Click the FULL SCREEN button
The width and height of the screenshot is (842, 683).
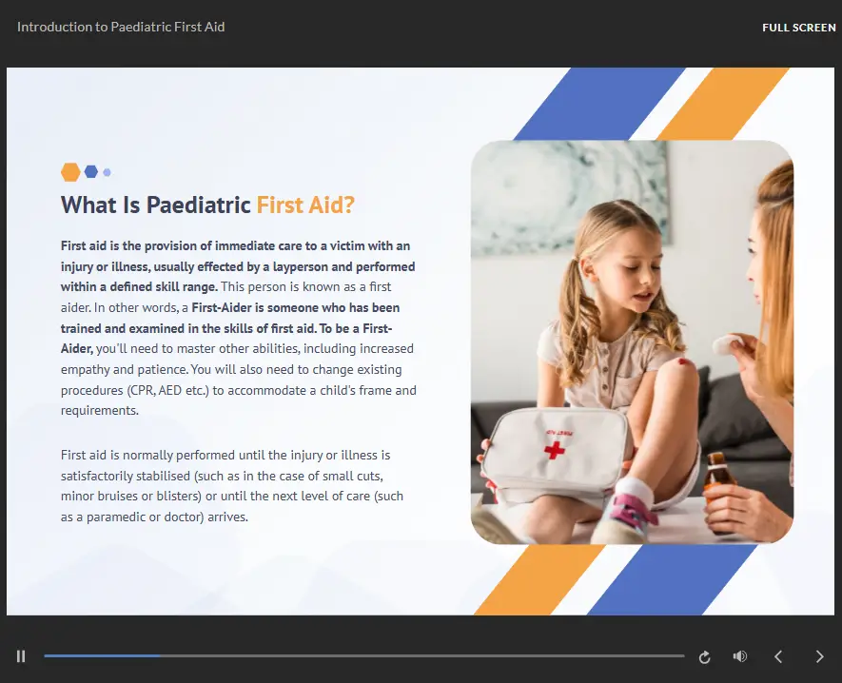click(x=798, y=28)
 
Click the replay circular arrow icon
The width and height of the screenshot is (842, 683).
click(x=705, y=656)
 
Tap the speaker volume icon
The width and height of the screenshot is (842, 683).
click(x=740, y=656)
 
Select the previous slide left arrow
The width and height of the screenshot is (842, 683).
click(x=778, y=656)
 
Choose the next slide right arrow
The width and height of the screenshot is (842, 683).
click(x=819, y=656)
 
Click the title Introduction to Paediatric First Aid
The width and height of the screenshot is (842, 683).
click(x=121, y=27)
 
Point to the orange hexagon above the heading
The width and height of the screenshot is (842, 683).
click(x=70, y=172)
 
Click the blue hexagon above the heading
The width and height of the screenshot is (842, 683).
click(x=91, y=172)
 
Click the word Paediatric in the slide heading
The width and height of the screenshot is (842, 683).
click(x=198, y=205)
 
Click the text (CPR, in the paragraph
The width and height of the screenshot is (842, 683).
click(x=141, y=390)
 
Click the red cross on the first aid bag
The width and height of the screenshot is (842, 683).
click(x=555, y=450)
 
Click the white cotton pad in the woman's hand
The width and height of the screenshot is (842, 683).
click(x=728, y=343)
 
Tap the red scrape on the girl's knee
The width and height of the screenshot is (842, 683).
click(x=685, y=361)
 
